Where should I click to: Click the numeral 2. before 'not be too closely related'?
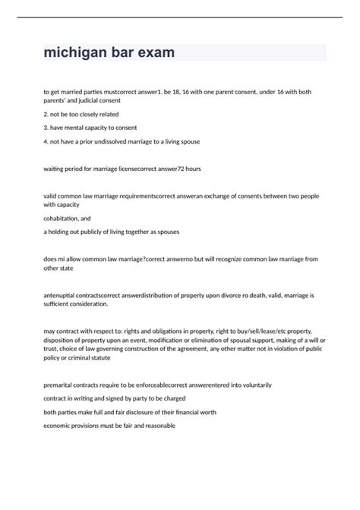(x=47, y=114)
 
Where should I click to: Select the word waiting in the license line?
(x=55, y=168)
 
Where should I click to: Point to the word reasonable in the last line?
(x=157, y=426)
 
